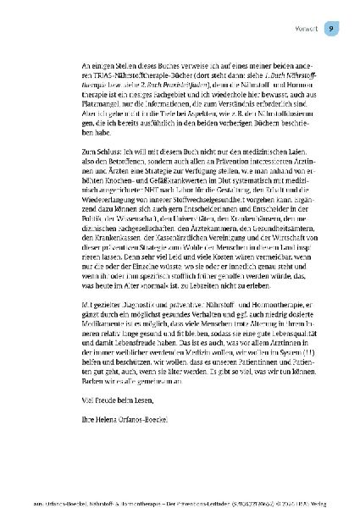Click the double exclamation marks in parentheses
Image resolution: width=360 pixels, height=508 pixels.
[x=287, y=389]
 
